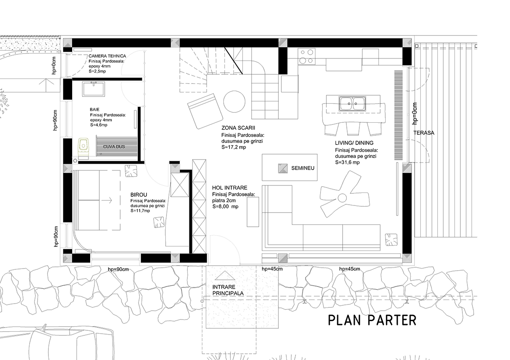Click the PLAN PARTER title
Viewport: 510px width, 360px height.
(372, 320)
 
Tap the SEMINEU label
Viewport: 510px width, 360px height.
(303, 168)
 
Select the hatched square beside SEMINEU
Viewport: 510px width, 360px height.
(283, 168)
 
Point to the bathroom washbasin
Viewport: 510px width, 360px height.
(93, 89)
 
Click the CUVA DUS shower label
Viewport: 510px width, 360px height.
(114, 147)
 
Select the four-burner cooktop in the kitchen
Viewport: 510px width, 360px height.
(306, 56)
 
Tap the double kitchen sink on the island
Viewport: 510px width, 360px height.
(352, 104)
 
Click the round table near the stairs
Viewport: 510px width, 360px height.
(234, 101)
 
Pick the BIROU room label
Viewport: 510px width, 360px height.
(139, 195)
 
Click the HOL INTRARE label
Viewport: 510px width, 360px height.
(230, 188)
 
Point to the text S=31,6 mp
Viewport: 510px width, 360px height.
(347, 162)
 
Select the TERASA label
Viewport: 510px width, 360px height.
(424, 133)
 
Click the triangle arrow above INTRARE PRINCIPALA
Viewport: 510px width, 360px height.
(225, 275)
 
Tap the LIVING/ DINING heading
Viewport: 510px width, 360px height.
(354, 143)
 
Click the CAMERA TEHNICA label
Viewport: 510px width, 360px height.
(107, 56)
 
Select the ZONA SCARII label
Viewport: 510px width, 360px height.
(238, 128)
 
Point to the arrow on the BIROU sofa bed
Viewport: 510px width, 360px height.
(107, 200)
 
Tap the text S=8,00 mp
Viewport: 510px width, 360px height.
(225, 207)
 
